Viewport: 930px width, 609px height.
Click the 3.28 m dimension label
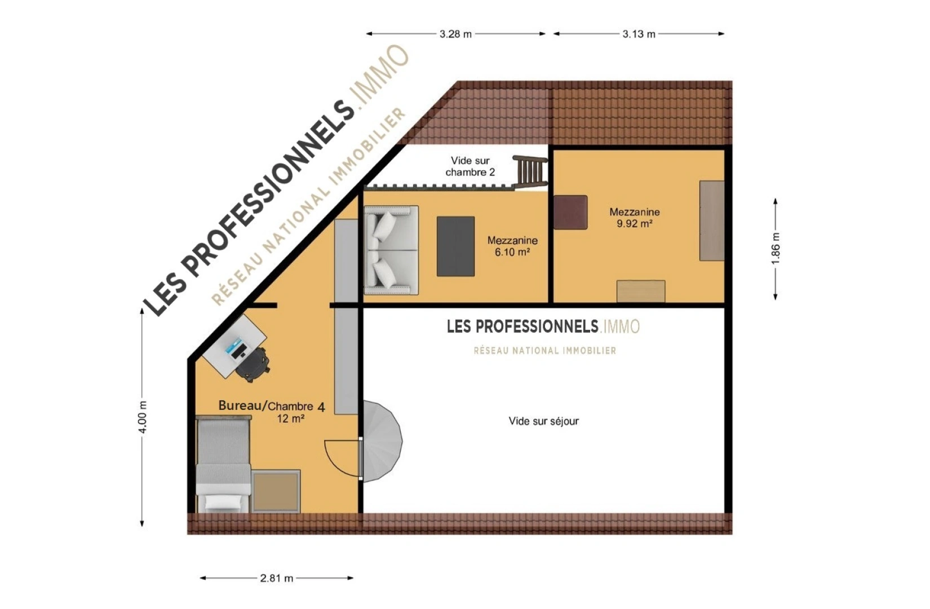[455, 34]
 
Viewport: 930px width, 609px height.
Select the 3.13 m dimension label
[639, 34]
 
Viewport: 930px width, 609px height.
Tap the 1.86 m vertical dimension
[775, 248]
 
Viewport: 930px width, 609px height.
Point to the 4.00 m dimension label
[142, 417]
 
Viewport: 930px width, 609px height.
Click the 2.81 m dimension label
[277, 578]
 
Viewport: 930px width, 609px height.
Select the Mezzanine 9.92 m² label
[635, 218]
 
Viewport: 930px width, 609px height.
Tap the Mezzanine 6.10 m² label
[512, 246]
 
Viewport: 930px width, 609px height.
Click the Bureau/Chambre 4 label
[272, 406]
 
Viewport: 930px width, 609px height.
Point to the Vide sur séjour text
[543, 421]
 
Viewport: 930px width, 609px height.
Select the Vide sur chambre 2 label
[470, 166]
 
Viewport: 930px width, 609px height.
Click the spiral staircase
[382, 441]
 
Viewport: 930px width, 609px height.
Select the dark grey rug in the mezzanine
[455, 246]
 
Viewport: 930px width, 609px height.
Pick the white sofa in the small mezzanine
[391, 250]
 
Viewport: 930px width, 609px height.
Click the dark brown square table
[570, 212]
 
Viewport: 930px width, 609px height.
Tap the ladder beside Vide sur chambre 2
[530, 171]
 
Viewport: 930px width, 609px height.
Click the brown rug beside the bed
[276, 492]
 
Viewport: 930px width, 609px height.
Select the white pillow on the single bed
[223, 503]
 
